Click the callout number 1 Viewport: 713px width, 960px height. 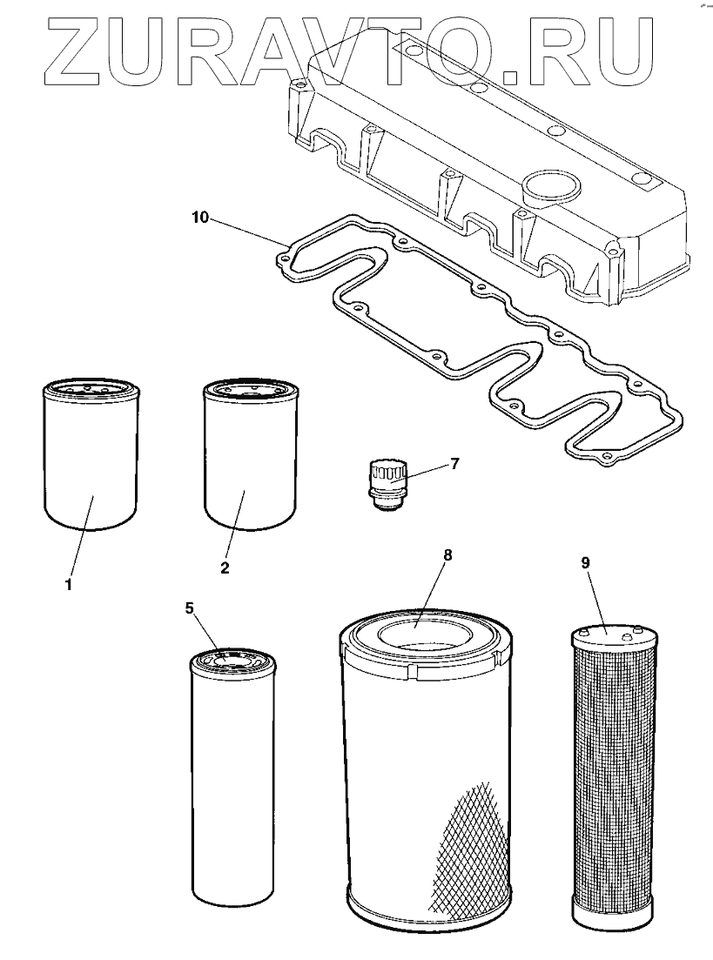(68, 584)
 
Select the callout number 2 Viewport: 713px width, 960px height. (225, 567)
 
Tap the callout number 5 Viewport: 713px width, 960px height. (190, 608)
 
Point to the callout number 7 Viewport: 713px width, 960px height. (454, 462)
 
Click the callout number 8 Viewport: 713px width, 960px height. (447, 554)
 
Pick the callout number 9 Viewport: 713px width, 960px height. (585, 562)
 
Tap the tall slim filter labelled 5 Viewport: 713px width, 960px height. (232, 783)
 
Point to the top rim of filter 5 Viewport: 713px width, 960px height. (232, 659)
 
